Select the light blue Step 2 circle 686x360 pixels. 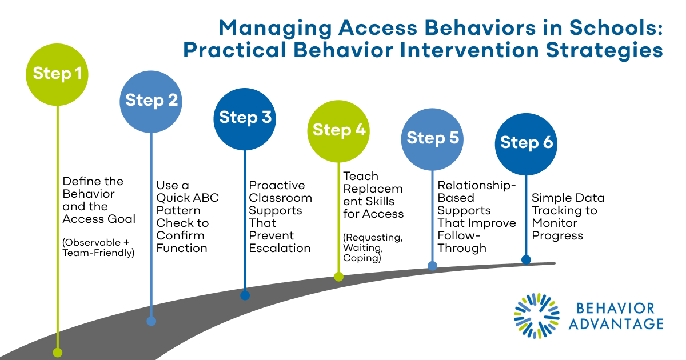(151, 101)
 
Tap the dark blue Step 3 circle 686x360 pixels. (245, 118)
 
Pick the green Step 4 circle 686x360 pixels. (339, 130)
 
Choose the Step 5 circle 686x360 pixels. (433, 138)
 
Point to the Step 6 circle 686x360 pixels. (527, 143)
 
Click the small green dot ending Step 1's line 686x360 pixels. (57, 353)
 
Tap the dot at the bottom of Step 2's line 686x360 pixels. (151, 321)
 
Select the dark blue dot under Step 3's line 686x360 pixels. (245, 295)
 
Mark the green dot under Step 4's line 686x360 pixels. (338, 277)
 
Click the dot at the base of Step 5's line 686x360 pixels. (433, 266)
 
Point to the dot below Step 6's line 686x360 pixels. (526, 260)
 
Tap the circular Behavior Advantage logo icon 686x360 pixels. (537, 316)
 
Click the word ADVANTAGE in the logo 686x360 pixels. (619, 324)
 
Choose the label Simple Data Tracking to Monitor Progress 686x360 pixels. (568, 217)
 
